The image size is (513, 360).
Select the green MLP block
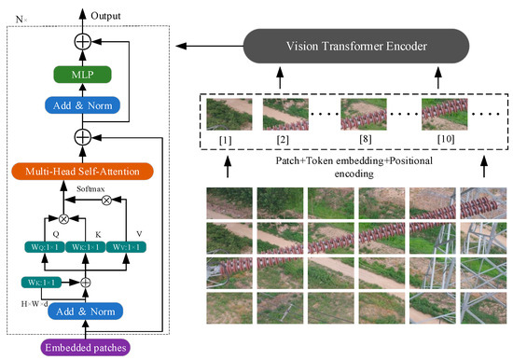tap(84, 75)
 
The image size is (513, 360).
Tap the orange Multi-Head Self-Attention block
tap(82, 171)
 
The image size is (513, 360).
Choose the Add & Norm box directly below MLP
tap(84, 105)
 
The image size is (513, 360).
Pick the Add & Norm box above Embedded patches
tap(84, 311)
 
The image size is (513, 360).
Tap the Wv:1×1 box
tap(132, 246)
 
